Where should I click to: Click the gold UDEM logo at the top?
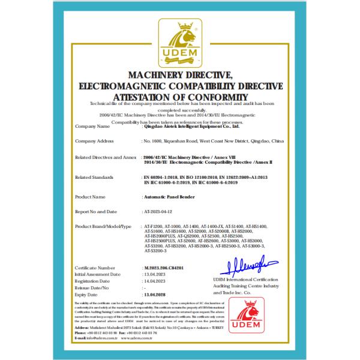[x=179, y=41]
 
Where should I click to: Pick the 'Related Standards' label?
[x=95, y=178]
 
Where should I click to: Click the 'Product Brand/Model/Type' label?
[x=103, y=227]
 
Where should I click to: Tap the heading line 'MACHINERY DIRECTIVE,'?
[x=180, y=74]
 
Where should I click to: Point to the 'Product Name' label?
[x=91, y=196]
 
